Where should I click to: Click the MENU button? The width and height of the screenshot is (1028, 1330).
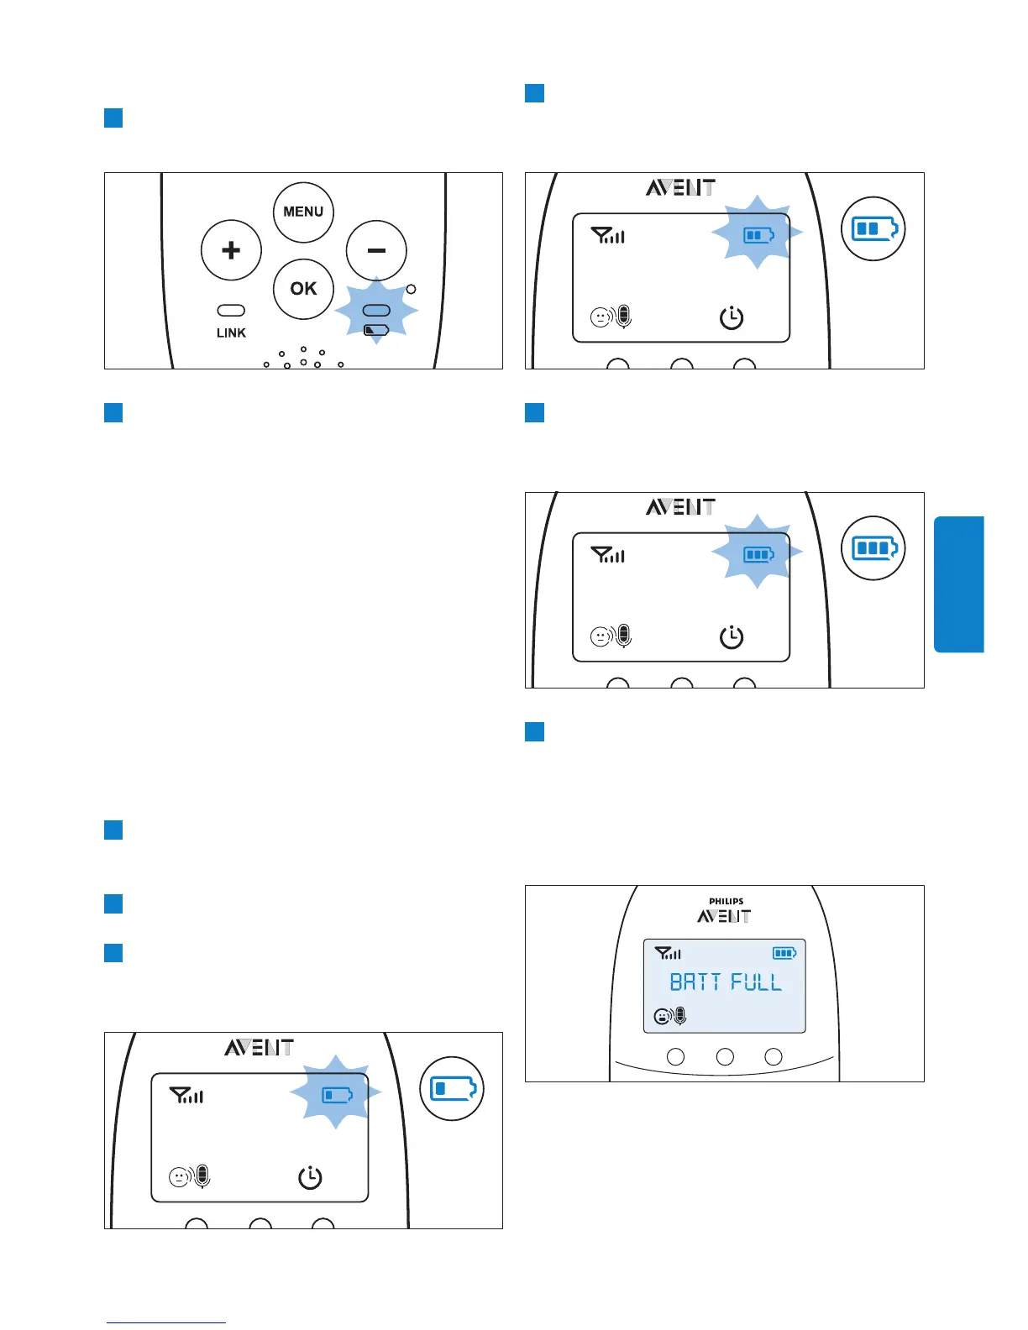point(303,212)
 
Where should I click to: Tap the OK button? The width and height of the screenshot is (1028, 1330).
point(303,289)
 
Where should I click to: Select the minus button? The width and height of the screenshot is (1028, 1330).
point(376,250)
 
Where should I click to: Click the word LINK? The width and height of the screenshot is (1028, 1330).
point(231,333)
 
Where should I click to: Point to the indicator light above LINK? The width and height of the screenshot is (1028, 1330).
point(231,311)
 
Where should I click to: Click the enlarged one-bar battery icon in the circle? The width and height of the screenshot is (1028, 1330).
point(452,1089)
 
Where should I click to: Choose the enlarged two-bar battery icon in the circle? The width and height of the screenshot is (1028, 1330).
point(873,228)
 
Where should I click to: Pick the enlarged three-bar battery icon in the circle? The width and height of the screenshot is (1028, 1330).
point(873,548)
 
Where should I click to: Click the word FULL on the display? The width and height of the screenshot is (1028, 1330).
point(756,982)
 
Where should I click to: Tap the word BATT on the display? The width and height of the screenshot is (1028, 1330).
point(695,982)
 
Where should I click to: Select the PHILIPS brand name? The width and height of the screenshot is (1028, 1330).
point(726,902)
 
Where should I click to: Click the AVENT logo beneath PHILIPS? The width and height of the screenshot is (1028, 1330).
point(724,916)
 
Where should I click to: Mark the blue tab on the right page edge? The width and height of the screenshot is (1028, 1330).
point(958,584)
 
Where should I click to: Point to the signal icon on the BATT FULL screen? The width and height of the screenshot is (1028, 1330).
point(669,953)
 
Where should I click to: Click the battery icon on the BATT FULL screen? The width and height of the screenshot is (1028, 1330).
point(784,953)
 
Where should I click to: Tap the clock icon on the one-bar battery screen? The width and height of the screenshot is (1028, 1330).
point(310,1177)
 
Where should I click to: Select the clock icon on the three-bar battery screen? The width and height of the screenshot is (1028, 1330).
point(732,637)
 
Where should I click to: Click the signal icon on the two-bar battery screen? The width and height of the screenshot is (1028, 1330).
point(608,236)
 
